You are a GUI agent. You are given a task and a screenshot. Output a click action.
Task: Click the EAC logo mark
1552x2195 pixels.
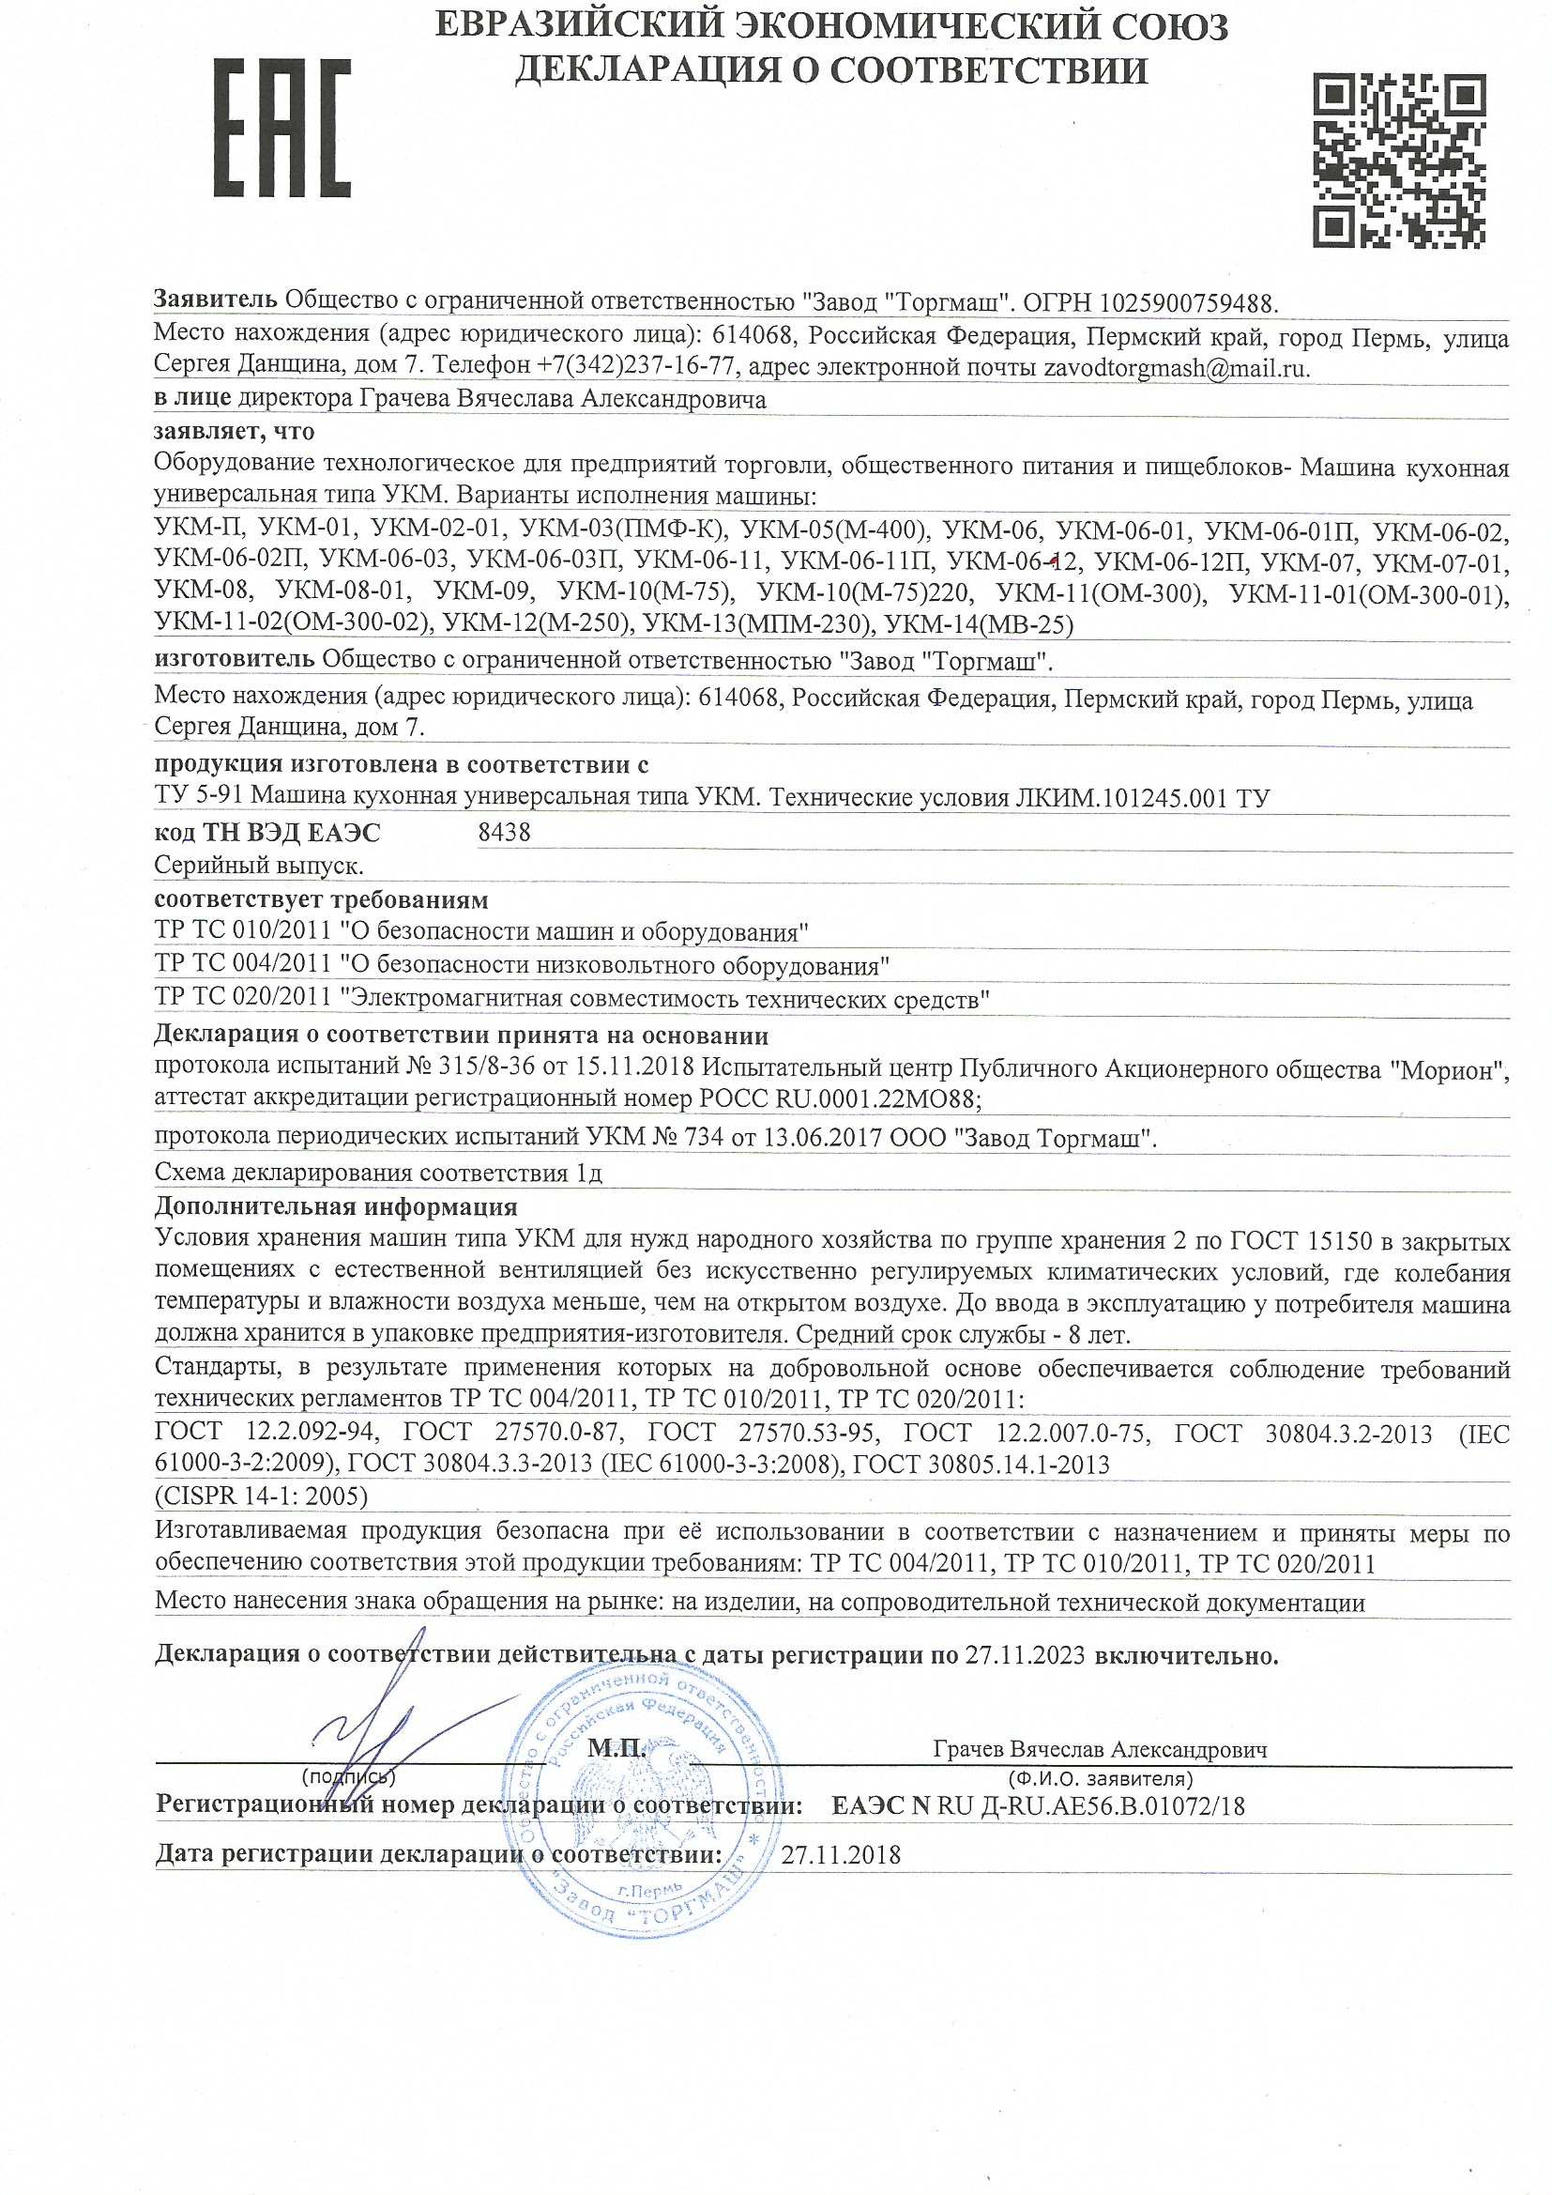point(281,128)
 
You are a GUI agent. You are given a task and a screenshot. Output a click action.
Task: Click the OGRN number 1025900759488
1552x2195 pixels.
point(1189,304)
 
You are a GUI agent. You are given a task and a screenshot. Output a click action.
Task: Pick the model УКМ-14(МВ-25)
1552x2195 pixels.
point(980,625)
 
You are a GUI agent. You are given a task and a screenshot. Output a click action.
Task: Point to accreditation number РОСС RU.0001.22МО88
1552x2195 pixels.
point(840,1099)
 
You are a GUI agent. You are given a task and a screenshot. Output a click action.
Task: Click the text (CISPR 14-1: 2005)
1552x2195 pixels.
point(261,1496)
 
